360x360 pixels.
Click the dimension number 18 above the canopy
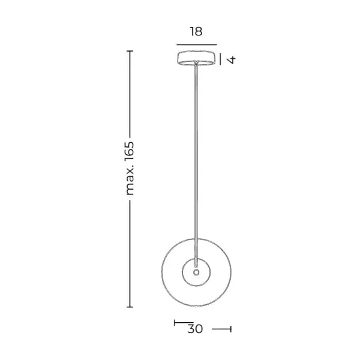pyautogui.click(x=196, y=32)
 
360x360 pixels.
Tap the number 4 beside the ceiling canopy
pyautogui.click(x=231, y=59)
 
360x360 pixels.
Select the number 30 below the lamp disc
pyautogui.click(x=195, y=329)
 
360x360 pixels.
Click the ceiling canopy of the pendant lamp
pyautogui.click(x=196, y=58)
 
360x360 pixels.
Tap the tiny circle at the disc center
pyautogui.click(x=196, y=272)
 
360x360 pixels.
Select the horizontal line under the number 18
pyautogui.click(x=197, y=45)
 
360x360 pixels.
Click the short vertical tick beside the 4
pyautogui.click(x=220, y=59)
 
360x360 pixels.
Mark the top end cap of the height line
pyautogui.click(x=130, y=51)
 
